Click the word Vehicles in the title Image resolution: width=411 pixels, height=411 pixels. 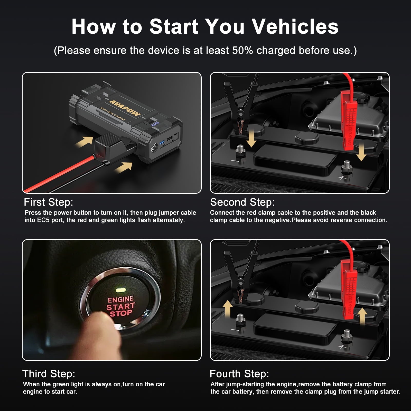pos(295,26)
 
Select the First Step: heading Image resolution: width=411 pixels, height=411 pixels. pos(49,202)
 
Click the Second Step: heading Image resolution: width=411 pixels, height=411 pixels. pos(242,202)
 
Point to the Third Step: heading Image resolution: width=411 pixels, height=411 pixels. pos(49,374)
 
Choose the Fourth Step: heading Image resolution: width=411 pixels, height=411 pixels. pos(239,374)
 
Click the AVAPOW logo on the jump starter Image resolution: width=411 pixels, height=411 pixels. pos(125,108)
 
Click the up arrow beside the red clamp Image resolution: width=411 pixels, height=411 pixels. pos(362,316)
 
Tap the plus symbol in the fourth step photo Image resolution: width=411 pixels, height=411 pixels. pos(342,347)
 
